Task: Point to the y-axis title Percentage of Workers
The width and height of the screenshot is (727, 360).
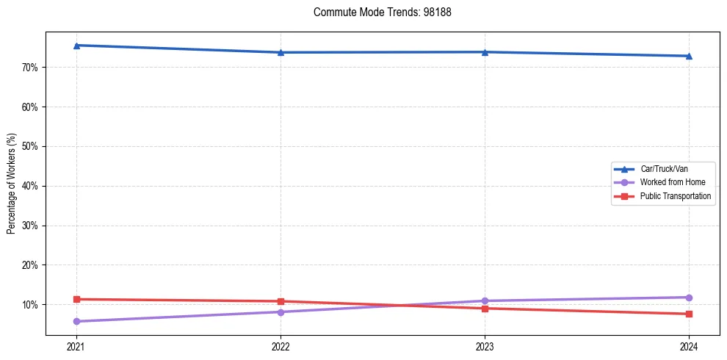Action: [12, 184]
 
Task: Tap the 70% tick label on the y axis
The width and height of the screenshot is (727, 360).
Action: [32, 68]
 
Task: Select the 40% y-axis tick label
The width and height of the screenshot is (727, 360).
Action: [32, 186]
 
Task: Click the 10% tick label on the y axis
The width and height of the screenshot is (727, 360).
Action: [32, 305]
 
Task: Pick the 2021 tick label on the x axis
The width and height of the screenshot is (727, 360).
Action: [76, 346]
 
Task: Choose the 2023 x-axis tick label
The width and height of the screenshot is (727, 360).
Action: [485, 346]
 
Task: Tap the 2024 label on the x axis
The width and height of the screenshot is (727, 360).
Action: [689, 346]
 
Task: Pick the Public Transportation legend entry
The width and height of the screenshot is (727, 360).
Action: [675, 196]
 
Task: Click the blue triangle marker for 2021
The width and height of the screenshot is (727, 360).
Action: [76, 46]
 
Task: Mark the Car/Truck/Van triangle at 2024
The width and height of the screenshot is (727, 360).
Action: [689, 56]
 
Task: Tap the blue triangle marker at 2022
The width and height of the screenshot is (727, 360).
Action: [281, 52]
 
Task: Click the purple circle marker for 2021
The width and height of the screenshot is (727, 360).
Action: [76, 321]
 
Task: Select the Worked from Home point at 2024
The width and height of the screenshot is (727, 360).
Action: [689, 298]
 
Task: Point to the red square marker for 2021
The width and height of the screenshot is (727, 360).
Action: [76, 299]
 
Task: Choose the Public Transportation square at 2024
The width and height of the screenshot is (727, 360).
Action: [689, 314]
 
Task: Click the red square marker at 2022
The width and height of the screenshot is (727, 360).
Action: [281, 301]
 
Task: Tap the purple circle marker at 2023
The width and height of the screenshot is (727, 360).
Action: [485, 300]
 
